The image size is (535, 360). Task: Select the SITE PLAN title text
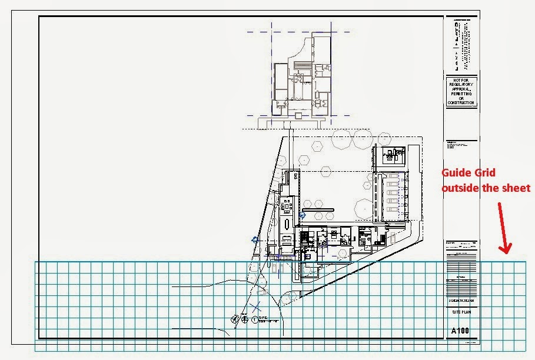tap(461, 312)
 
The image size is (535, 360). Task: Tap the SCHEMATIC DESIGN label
tap(461, 300)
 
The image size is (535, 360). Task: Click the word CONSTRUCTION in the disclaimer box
tap(461, 103)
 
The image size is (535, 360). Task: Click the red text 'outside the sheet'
tap(486, 188)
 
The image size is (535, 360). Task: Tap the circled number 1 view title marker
tap(254, 320)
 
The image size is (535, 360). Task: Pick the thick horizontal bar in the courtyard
tap(323, 209)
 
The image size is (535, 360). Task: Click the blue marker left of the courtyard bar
tap(303, 216)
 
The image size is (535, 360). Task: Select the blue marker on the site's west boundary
tap(255, 239)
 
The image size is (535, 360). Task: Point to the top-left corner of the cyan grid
tap(35, 262)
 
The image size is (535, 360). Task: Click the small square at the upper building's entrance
tap(288, 124)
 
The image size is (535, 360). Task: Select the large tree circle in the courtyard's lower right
tap(365, 208)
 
